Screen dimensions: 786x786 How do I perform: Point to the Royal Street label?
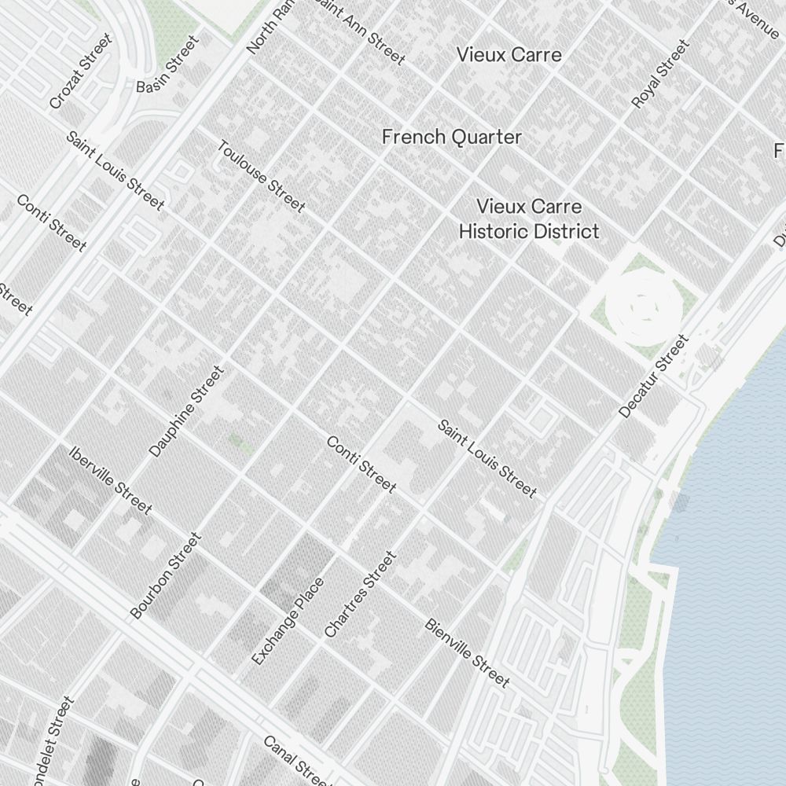[660, 74]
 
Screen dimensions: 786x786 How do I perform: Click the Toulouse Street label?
[260, 176]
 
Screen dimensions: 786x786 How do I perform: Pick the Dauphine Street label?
[186, 411]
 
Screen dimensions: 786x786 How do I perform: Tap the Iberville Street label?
[110, 479]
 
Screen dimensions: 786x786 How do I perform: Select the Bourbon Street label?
[166, 575]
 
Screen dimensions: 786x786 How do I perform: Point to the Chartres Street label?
[359, 594]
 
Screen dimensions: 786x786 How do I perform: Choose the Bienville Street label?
[467, 652]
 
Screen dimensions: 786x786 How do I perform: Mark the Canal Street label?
[294, 758]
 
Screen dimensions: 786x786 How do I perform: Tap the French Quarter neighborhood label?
[451, 137]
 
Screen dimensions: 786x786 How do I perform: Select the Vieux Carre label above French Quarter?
[509, 55]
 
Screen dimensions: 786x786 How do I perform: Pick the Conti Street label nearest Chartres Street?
[361, 465]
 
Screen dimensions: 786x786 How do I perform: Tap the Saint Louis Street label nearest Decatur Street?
[487, 459]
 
